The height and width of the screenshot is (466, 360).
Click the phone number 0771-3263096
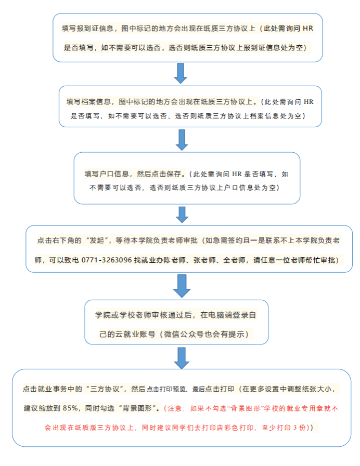click(106, 259)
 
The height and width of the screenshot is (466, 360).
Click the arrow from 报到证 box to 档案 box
click(181, 73)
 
